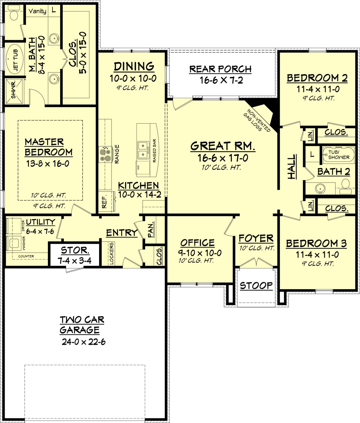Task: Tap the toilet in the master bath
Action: click(x=14, y=13)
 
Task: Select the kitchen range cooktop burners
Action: click(x=105, y=154)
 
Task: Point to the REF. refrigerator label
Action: click(x=104, y=202)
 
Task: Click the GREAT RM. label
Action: click(x=223, y=146)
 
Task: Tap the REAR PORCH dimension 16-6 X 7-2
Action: click(x=221, y=80)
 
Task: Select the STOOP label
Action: click(x=256, y=286)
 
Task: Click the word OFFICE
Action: click(x=197, y=243)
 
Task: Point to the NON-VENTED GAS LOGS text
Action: click(x=257, y=121)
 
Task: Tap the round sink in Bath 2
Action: click(x=320, y=188)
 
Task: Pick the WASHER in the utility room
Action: click(x=14, y=243)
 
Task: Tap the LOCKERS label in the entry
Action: click(x=112, y=254)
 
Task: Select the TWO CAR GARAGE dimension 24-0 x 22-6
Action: click(x=84, y=342)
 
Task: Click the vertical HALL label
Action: click(x=292, y=167)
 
